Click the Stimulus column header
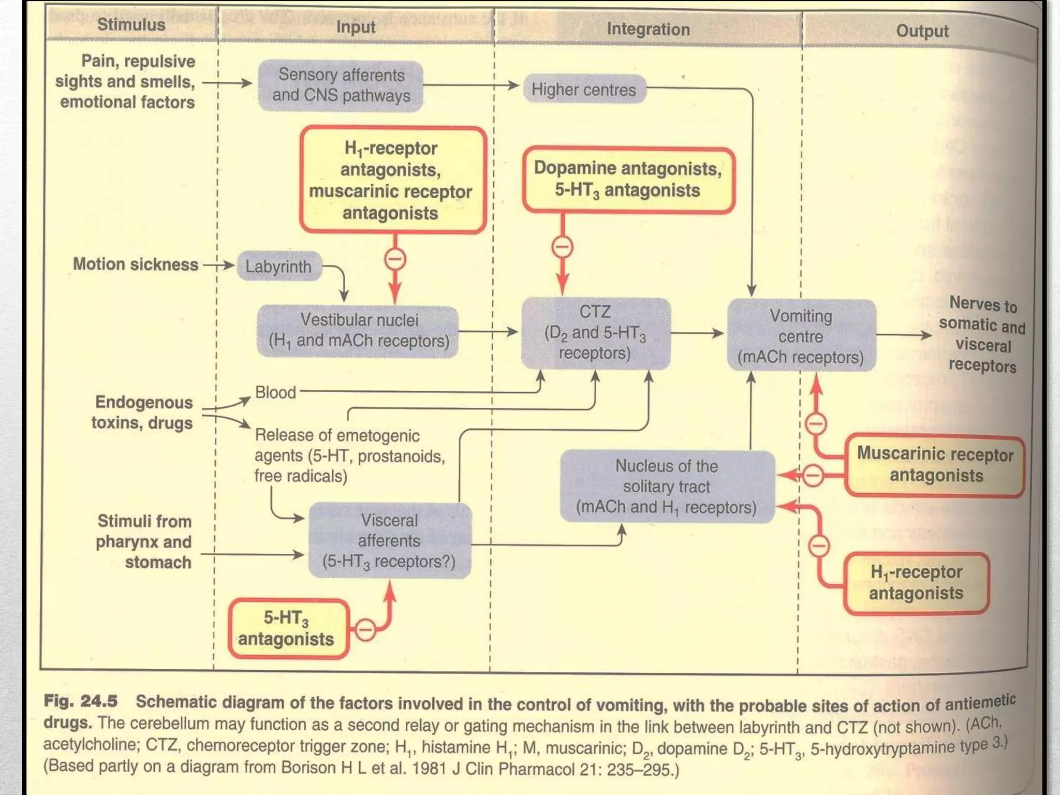pyautogui.click(x=131, y=24)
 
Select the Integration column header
pyautogui.click(x=648, y=30)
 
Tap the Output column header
pyautogui.click(x=922, y=31)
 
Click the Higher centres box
pyautogui.click(x=584, y=90)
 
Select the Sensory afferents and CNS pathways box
pyautogui.click(x=341, y=85)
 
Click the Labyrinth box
pyautogui.click(x=278, y=267)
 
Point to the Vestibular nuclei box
pyautogui.click(x=358, y=331)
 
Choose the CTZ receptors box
pyautogui.click(x=595, y=333)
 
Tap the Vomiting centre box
pyautogui.click(x=801, y=336)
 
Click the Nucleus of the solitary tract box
pyautogui.click(x=667, y=487)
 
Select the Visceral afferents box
pyautogui.click(x=389, y=540)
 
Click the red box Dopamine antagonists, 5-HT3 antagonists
pyautogui.click(x=628, y=180)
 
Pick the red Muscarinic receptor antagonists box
pyautogui.click(x=935, y=465)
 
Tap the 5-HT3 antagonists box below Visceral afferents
pyautogui.click(x=287, y=628)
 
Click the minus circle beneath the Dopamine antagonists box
pyautogui.click(x=563, y=247)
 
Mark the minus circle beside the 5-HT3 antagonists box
pyautogui.click(x=365, y=630)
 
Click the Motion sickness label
pyautogui.click(x=136, y=264)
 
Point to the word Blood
pyautogui.click(x=275, y=392)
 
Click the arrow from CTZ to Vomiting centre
pyautogui.click(x=697, y=333)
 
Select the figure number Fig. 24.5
pyautogui.click(x=81, y=701)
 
